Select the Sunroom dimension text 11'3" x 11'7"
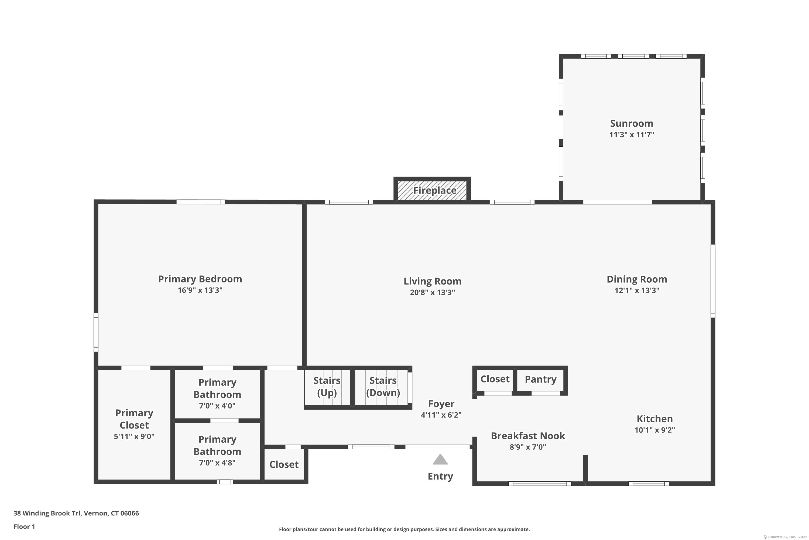click(x=632, y=135)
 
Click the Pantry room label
click(x=540, y=379)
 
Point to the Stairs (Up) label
click(x=327, y=386)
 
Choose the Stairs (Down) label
click(x=383, y=386)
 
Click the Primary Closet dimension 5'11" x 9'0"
click(x=134, y=436)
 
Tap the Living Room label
click(x=432, y=281)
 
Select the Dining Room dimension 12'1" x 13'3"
click(x=637, y=290)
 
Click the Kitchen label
click(x=654, y=419)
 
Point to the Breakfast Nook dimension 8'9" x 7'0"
click(x=528, y=447)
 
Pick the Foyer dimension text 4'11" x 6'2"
click(x=441, y=415)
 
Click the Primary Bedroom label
click(x=200, y=279)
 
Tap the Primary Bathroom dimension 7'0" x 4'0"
click(x=217, y=406)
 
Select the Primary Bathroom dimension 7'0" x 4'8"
click(x=217, y=463)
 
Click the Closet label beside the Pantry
click(x=495, y=379)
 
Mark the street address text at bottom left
click(x=76, y=513)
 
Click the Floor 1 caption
click(x=24, y=526)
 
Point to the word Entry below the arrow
click(x=440, y=476)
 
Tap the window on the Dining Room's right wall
click(x=713, y=281)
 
